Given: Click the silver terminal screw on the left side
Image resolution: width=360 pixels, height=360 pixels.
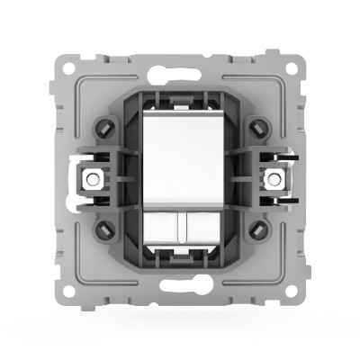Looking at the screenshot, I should (91, 177).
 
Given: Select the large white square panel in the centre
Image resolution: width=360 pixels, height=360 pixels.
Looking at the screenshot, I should (180, 158).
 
